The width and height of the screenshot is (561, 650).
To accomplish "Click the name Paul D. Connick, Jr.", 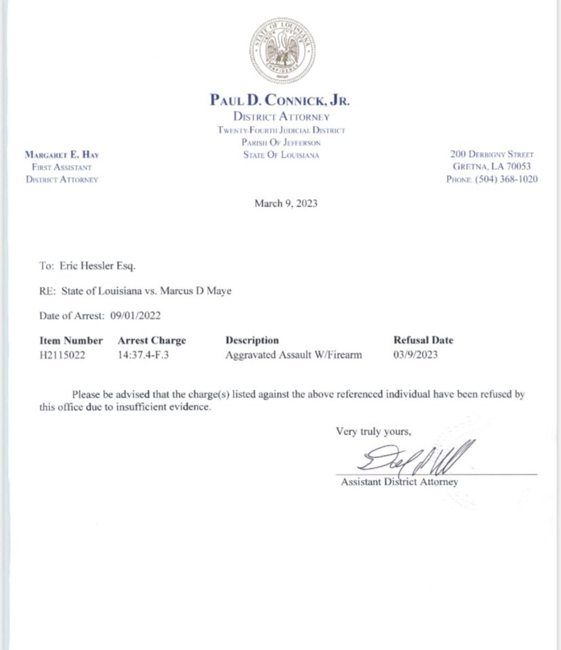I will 280,100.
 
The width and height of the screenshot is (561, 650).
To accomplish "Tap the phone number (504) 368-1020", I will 506,179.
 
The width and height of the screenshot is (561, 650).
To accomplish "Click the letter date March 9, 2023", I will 286,204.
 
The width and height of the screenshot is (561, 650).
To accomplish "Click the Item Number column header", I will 71,341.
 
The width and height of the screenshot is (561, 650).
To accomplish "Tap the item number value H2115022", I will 62,355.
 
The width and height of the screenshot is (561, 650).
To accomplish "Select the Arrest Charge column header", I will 152,341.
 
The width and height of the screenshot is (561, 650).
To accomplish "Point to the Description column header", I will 252,341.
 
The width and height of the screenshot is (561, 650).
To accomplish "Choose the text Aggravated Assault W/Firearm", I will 293,355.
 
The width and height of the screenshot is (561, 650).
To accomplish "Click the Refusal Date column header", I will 423,341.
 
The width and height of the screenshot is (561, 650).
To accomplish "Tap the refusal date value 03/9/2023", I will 416,355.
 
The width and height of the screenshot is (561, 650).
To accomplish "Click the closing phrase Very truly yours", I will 373,431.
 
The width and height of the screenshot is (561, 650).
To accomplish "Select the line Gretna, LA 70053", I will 492,167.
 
